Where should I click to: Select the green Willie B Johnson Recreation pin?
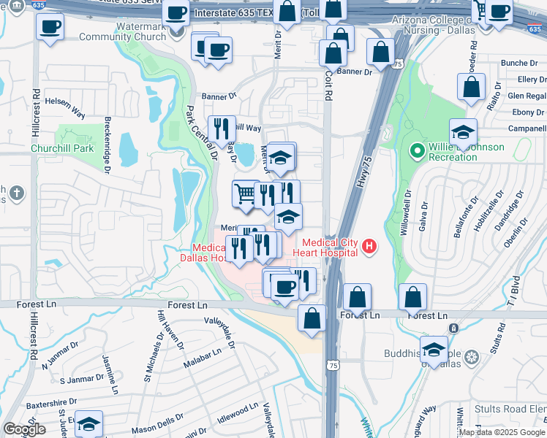click(418, 152)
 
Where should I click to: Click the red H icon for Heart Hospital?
click(369, 247)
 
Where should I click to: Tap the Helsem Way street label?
click(67, 104)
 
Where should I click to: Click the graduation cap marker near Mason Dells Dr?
click(88, 423)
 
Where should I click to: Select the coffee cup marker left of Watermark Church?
click(50, 27)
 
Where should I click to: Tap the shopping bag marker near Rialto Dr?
click(472, 86)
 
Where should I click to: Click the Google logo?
click(24, 429)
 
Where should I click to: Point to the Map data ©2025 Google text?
click(501, 432)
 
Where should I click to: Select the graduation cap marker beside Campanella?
click(463, 132)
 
